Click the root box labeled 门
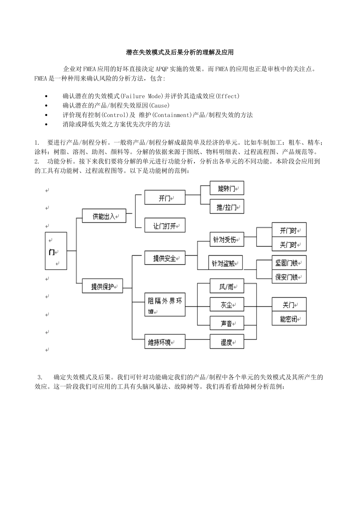[56, 251]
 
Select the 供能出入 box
[104, 216]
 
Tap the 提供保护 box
[102, 286]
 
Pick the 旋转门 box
[227, 188]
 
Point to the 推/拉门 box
[227, 207]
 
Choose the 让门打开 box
[164, 226]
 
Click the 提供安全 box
[164, 258]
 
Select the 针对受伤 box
[227, 240]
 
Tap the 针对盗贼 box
[225, 263]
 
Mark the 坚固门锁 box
[289, 262]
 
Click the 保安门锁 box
[289, 277]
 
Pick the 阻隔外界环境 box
[164, 305]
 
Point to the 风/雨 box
[227, 287]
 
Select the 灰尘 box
[227, 304]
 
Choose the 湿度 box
[227, 342]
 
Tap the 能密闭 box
[289, 319]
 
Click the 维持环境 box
[164, 342]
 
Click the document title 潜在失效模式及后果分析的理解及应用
[180, 52]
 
